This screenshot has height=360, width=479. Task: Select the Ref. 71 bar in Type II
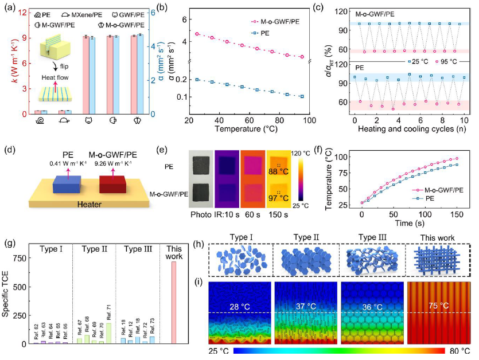click(x=109, y=334)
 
